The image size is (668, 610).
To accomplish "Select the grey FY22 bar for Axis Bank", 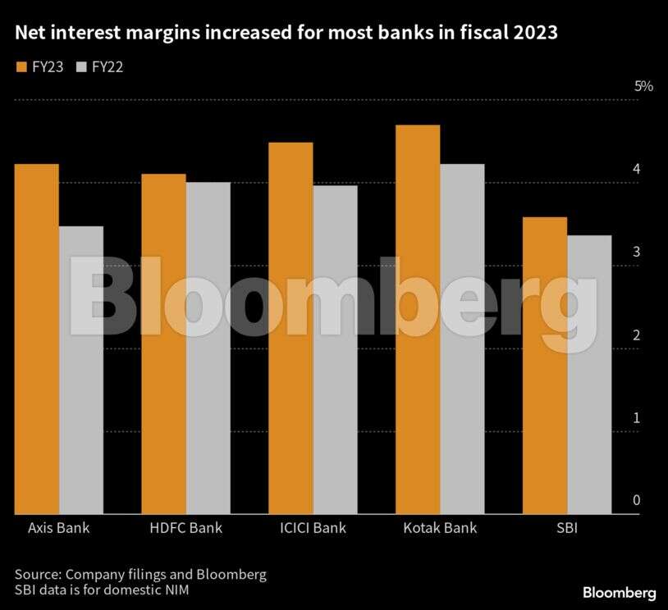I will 81,370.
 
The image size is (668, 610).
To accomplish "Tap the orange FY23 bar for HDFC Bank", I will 163,344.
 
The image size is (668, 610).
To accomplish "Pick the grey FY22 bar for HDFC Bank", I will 208,348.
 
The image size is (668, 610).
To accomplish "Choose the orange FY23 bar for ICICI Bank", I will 291,328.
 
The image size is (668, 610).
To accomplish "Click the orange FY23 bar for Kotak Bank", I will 418,320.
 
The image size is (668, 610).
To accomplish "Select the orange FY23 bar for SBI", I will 545,366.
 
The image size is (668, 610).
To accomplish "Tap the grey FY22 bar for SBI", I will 589,375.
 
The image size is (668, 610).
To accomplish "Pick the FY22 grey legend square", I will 80,66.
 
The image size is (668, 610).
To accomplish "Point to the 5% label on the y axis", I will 643,86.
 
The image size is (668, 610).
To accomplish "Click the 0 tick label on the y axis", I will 636,501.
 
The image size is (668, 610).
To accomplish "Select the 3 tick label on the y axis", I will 636,252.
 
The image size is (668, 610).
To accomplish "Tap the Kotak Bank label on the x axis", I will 439,528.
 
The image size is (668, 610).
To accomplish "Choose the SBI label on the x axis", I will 566,528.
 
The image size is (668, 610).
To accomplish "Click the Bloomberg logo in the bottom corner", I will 619,592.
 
